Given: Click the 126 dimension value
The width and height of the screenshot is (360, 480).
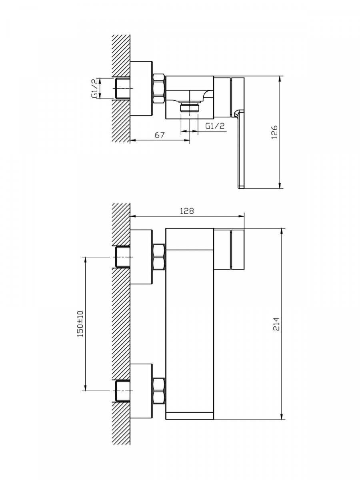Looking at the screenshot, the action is click(x=274, y=132).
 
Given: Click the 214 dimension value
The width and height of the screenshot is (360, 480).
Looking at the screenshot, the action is click(x=276, y=324).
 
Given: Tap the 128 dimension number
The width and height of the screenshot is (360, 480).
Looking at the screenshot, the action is click(x=187, y=211).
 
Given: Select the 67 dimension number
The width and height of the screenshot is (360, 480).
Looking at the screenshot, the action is click(x=160, y=135).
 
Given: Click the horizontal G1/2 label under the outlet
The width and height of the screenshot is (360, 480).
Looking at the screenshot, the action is click(x=215, y=126).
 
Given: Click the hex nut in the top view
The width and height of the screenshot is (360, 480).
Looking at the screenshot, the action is click(x=159, y=88).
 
